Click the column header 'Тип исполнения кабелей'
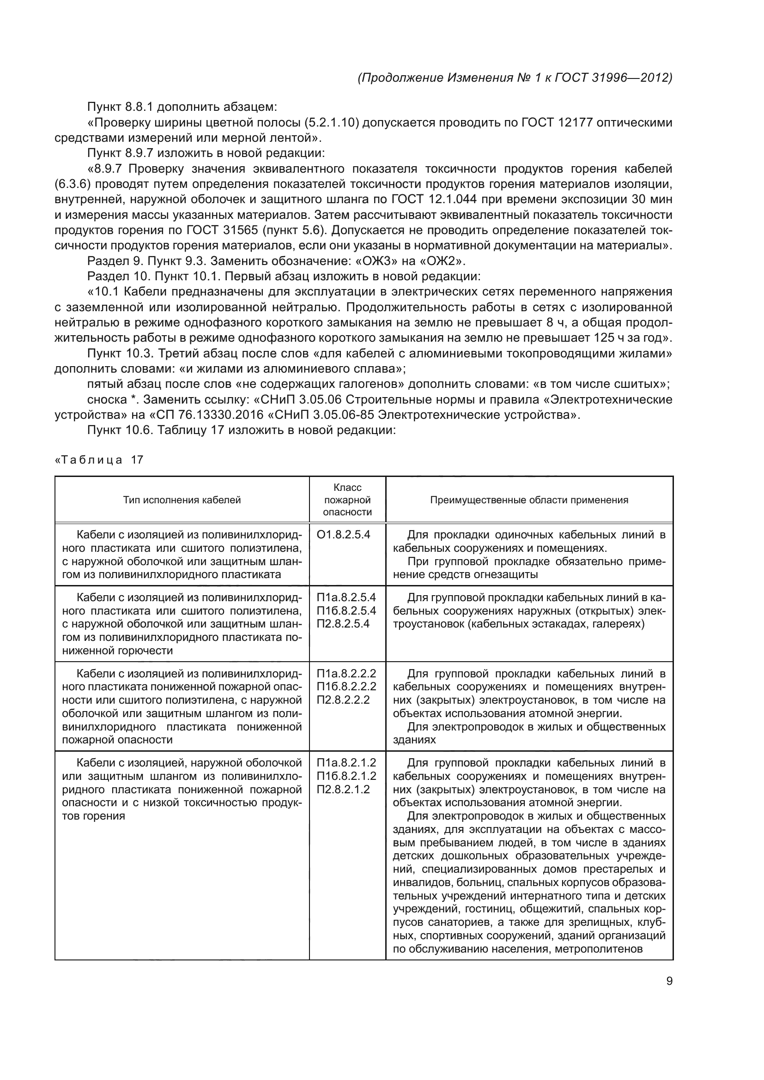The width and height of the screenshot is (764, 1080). tap(182, 500)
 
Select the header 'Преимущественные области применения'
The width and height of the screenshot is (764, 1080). tap(529, 500)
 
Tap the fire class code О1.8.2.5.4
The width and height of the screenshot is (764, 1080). tap(344, 535)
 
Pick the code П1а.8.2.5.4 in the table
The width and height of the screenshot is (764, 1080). tap(346, 598)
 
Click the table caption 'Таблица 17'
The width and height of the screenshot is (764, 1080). tap(99, 460)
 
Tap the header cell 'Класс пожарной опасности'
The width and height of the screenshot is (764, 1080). tap(347, 500)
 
